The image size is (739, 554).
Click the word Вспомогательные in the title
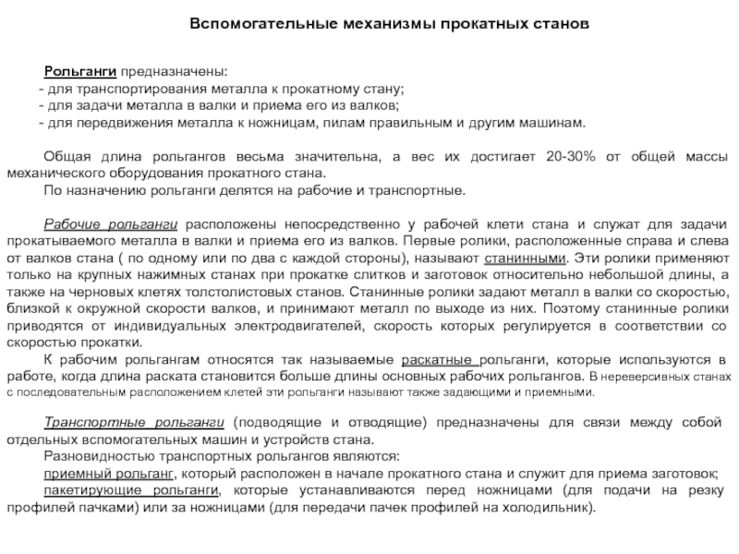pyautogui.click(x=238, y=21)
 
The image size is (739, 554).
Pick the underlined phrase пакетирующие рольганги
pyautogui.click(x=130, y=490)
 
